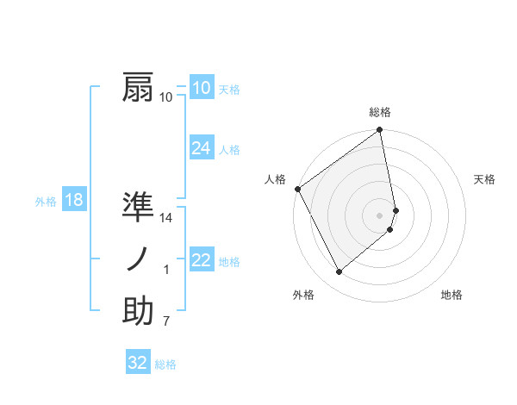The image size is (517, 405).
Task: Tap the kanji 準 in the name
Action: [x=138, y=208]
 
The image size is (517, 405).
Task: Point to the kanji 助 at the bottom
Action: [x=138, y=310]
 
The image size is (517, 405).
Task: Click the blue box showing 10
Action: [x=201, y=88]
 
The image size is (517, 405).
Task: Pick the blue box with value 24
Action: [x=201, y=148]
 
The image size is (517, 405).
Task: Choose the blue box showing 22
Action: [x=201, y=260]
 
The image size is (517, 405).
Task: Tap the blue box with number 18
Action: [x=73, y=201]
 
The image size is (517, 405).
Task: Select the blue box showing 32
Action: [x=138, y=363]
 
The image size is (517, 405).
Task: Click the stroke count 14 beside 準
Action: [x=166, y=219]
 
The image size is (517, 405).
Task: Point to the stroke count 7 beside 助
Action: [x=166, y=321]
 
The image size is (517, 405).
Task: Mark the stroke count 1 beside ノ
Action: [x=166, y=271]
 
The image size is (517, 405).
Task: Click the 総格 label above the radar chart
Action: [x=380, y=113]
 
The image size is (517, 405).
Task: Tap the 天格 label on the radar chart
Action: [x=485, y=179]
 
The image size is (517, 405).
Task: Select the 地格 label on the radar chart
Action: [x=452, y=295]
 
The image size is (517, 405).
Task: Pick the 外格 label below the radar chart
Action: [x=302, y=295]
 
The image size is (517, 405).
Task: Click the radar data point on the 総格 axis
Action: [x=380, y=131]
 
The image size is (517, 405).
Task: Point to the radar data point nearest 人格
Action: [x=298, y=189]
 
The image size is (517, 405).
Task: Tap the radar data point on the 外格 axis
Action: [x=339, y=272]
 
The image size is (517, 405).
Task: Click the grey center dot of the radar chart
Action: [x=380, y=215]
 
